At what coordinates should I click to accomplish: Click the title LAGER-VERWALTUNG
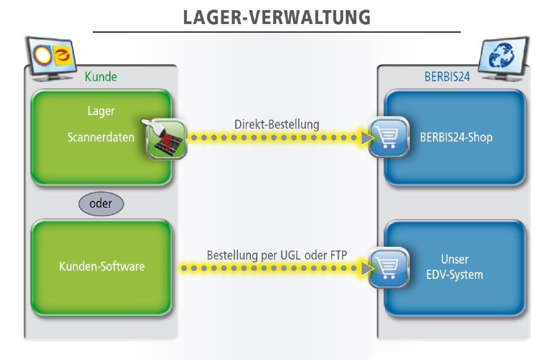[276, 18]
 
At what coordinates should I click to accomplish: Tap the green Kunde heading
[101, 77]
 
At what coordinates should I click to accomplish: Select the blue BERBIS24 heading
[447, 77]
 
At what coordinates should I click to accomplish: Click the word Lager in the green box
[101, 111]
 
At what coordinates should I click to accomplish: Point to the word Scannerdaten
[101, 137]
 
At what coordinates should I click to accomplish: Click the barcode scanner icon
[165, 139]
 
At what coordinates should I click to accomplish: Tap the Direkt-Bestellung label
[276, 124]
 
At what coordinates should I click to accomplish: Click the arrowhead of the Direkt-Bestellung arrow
[367, 138]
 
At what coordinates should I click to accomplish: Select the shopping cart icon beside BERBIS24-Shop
[389, 137]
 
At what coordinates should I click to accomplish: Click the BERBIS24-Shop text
[456, 137]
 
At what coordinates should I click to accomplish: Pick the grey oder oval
[101, 204]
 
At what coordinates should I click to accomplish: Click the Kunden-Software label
[102, 267]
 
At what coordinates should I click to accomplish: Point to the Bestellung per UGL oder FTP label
[276, 255]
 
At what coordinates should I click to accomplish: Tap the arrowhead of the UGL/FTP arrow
[367, 269]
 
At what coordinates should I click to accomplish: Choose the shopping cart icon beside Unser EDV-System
[389, 268]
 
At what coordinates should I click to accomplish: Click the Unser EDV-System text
[455, 267]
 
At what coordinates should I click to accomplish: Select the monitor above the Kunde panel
[51, 59]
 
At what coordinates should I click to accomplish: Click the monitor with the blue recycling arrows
[503, 59]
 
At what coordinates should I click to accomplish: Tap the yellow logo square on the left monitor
[64, 57]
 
